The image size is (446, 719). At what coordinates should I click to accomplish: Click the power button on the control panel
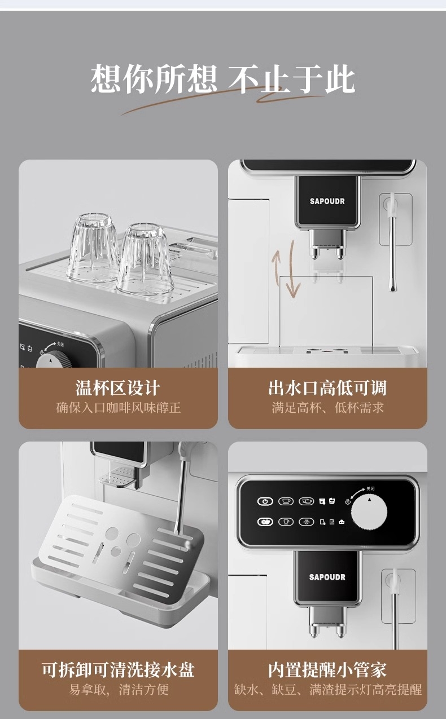pos(265,501)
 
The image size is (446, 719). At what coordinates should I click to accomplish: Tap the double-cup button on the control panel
pos(306,501)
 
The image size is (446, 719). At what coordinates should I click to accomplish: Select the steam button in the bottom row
pos(306,522)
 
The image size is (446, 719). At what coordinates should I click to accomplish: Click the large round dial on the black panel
pos(369,512)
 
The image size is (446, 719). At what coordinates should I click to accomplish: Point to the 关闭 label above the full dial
pos(370,488)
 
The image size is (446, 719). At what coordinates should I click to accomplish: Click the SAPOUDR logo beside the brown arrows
pos(327,201)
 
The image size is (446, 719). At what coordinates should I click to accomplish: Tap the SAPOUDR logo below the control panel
pos(327,577)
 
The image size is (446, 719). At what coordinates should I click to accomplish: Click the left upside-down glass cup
pos(93,247)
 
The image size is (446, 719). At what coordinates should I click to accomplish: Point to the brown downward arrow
pos(292,269)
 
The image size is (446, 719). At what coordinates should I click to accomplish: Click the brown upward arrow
pos(276,267)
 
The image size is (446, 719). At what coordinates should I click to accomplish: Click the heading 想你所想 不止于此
pos(222,79)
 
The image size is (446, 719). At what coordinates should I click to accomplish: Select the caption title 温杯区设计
pos(117,388)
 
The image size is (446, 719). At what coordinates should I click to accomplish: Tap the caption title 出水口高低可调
pos(327,388)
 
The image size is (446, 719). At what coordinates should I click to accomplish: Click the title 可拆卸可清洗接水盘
pos(118,670)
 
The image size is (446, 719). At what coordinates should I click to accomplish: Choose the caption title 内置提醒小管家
pos(327,670)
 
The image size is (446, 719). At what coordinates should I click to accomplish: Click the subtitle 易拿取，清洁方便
pos(119,690)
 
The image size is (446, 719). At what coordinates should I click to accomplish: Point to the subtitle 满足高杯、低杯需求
pos(328,408)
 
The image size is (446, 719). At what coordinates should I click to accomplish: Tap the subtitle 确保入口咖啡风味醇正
pos(118,408)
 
